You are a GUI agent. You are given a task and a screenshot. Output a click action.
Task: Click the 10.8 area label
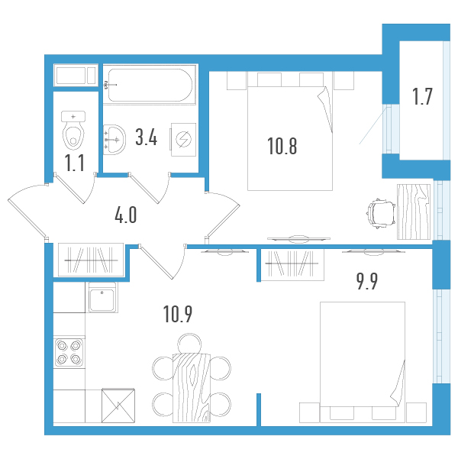[282, 146]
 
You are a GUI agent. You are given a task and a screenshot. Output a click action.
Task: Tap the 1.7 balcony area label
[422, 96]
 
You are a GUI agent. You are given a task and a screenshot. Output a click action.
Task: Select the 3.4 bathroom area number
[147, 137]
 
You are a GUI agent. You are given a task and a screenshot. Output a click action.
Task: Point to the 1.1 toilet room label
[75, 163]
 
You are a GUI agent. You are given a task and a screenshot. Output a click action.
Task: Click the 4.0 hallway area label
[126, 215]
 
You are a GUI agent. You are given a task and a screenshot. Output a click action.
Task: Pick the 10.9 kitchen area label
[178, 314]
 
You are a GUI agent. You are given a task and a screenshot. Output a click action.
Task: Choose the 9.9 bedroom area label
[367, 281]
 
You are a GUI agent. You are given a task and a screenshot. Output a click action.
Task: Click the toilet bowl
[73, 131]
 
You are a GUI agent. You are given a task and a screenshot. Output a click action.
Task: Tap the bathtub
[150, 85]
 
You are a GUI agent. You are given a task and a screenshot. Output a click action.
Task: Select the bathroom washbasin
[114, 139]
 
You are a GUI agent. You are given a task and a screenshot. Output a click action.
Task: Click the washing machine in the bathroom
[183, 139]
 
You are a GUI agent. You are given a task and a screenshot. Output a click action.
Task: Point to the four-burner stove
[69, 352]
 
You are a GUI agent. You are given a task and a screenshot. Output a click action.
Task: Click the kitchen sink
[102, 297]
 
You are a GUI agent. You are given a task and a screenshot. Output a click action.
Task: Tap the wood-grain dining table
[192, 388]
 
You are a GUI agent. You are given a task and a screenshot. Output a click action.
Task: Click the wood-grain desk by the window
[413, 212]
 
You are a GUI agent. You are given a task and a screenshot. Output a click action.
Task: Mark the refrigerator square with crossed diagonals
[118, 406]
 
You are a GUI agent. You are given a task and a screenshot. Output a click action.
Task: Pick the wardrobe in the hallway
[91, 260]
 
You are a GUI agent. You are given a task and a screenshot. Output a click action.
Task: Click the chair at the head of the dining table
[190, 344]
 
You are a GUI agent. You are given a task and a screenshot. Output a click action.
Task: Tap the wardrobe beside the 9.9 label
[292, 264]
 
